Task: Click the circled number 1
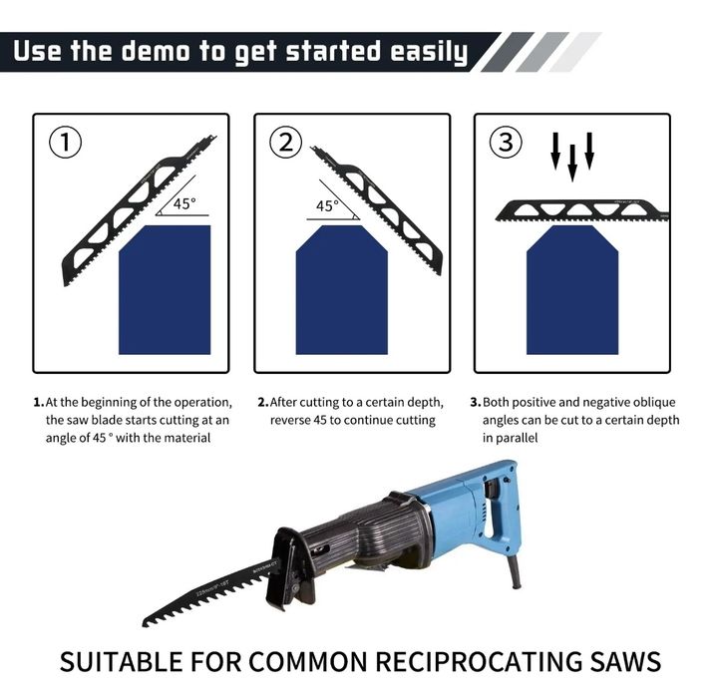coord(66,142)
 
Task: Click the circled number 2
coord(286,142)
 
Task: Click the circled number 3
coord(506,142)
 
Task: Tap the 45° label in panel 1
coord(184,203)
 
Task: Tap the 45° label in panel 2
coord(327,205)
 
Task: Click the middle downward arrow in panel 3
coord(572,163)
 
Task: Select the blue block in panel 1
coord(165,289)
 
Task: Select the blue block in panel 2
coord(342,289)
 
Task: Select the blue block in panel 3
coord(572,289)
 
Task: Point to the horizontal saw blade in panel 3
coord(582,211)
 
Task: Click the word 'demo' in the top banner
coord(157,51)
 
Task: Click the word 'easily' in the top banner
coord(429,53)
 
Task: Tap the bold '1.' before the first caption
coord(38,403)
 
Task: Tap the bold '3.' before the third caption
coord(476,403)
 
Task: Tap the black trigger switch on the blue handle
coord(492,490)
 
